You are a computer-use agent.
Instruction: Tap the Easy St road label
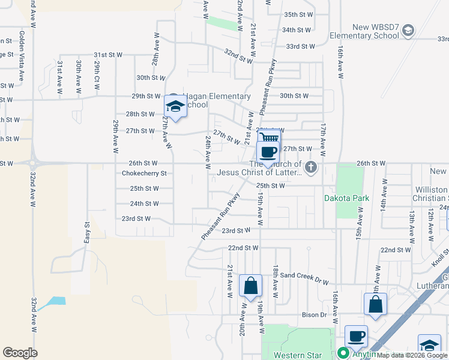[87, 233]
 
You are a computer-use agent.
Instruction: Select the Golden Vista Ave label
[22, 56]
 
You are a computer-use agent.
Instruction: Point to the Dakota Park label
[346, 198]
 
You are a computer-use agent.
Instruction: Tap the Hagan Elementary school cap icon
[175, 107]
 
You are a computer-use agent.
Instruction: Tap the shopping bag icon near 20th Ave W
[250, 286]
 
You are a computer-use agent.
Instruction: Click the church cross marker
[310, 167]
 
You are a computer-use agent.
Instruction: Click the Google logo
[20, 353]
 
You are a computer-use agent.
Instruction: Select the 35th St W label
[299, 14]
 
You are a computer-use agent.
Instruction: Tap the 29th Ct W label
[97, 76]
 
